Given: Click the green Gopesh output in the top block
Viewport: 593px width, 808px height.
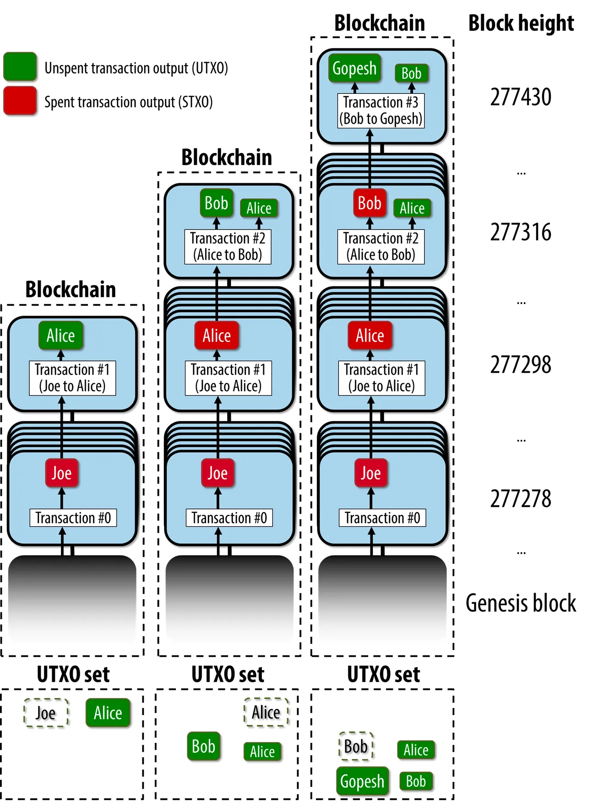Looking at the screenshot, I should tap(354, 69).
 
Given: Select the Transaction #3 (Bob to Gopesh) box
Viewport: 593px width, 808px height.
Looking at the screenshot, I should tap(381, 110).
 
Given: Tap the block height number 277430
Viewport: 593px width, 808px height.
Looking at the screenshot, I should tap(521, 97).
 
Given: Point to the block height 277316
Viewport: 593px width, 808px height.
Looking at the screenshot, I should tap(521, 232).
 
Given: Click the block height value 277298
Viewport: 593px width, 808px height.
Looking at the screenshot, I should tap(521, 365).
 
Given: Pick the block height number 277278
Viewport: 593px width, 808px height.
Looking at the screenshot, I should tap(521, 499).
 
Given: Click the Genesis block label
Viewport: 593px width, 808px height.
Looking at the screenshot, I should tap(521, 603).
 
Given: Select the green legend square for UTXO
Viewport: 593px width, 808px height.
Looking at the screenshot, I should tap(20, 67).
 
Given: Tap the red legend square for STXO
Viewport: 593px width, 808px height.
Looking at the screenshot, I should tap(20, 101).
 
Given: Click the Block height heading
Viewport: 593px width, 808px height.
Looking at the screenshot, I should tap(521, 23).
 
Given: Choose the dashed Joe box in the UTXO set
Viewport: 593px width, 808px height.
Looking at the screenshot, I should tap(46, 713).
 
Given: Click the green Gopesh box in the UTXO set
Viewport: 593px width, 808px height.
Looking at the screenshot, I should tap(362, 781).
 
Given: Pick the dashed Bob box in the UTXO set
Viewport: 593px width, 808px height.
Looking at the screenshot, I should tap(356, 747).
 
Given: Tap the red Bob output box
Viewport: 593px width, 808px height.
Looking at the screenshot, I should tap(370, 203).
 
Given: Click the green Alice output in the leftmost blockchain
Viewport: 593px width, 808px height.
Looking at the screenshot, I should tap(61, 336).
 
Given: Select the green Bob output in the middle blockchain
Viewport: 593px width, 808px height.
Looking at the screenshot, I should tap(217, 203).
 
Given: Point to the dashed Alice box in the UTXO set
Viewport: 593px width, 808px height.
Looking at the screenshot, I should tap(266, 712).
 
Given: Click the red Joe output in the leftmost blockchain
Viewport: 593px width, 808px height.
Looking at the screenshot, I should tap(62, 473).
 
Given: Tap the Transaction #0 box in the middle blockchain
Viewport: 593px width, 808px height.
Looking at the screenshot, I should tap(229, 518).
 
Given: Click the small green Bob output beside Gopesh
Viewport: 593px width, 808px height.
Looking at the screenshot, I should tap(411, 73).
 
